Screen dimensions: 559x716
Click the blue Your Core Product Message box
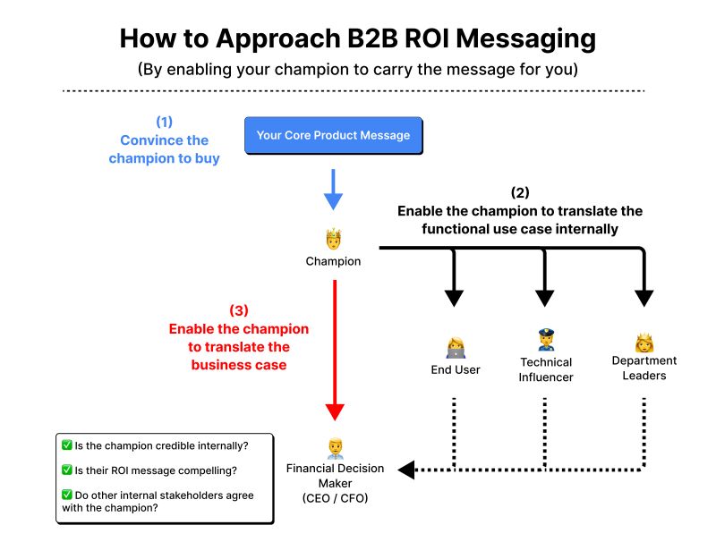coord(333,136)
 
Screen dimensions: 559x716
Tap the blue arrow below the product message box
coord(333,190)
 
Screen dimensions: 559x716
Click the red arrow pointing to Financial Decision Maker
coord(334,349)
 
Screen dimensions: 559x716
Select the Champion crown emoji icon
coord(333,240)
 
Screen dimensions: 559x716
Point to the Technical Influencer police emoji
coord(546,340)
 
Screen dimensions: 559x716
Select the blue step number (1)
coord(164,121)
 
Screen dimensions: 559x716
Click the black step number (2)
coord(519,192)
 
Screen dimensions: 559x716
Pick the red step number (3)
coord(238,310)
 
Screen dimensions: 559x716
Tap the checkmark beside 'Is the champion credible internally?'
coord(67,445)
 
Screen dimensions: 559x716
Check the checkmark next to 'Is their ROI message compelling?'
coord(67,470)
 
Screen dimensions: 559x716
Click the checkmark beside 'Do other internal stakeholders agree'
coord(67,495)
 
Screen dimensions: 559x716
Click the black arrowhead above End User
coord(455,297)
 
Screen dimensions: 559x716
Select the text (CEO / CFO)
coord(335,497)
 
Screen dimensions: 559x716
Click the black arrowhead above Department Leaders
coord(644,297)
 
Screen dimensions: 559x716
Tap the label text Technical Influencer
coord(546,369)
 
